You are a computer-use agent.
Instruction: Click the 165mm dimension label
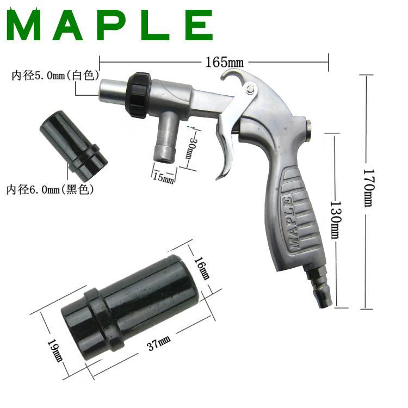pyautogui.click(x=224, y=62)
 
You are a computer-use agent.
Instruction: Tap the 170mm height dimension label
pyautogui.click(x=369, y=188)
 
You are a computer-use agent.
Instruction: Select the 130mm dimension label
pyautogui.click(x=335, y=219)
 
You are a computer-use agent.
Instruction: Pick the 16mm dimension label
pyautogui.click(x=202, y=268)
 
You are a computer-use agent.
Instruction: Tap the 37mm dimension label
pyautogui.click(x=158, y=343)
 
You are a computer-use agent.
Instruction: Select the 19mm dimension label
pyautogui.click(x=55, y=350)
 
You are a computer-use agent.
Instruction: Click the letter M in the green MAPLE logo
pyautogui.click(x=24, y=24)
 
